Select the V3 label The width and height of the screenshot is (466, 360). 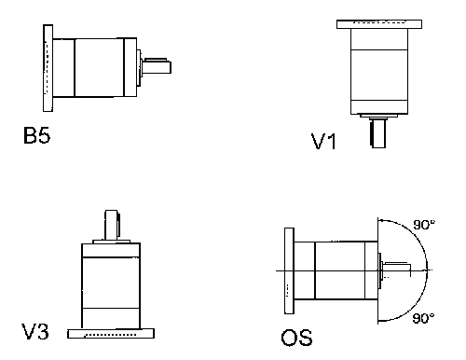click(36, 331)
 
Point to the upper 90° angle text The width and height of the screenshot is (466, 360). click(424, 224)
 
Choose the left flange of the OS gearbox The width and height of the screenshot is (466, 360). click(285, 270)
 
